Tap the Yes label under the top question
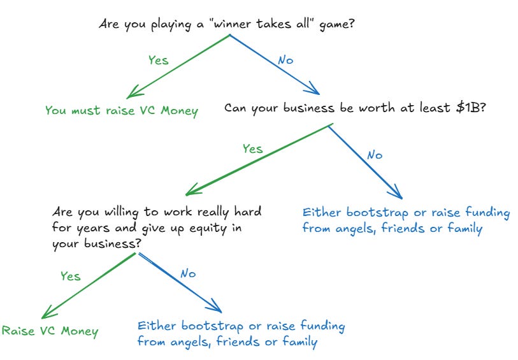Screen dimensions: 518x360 pos(158,60)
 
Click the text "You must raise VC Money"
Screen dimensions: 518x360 pos(122,110)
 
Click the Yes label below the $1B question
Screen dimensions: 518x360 pos(252,148)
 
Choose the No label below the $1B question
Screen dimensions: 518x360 pos(375,155)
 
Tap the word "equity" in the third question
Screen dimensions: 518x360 pos(203,227)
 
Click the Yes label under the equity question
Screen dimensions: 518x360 pos(70,276)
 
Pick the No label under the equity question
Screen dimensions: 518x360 pos(187,274)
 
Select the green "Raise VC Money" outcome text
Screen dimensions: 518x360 pos(51,331)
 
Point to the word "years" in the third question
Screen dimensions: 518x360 pos(90,227)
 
